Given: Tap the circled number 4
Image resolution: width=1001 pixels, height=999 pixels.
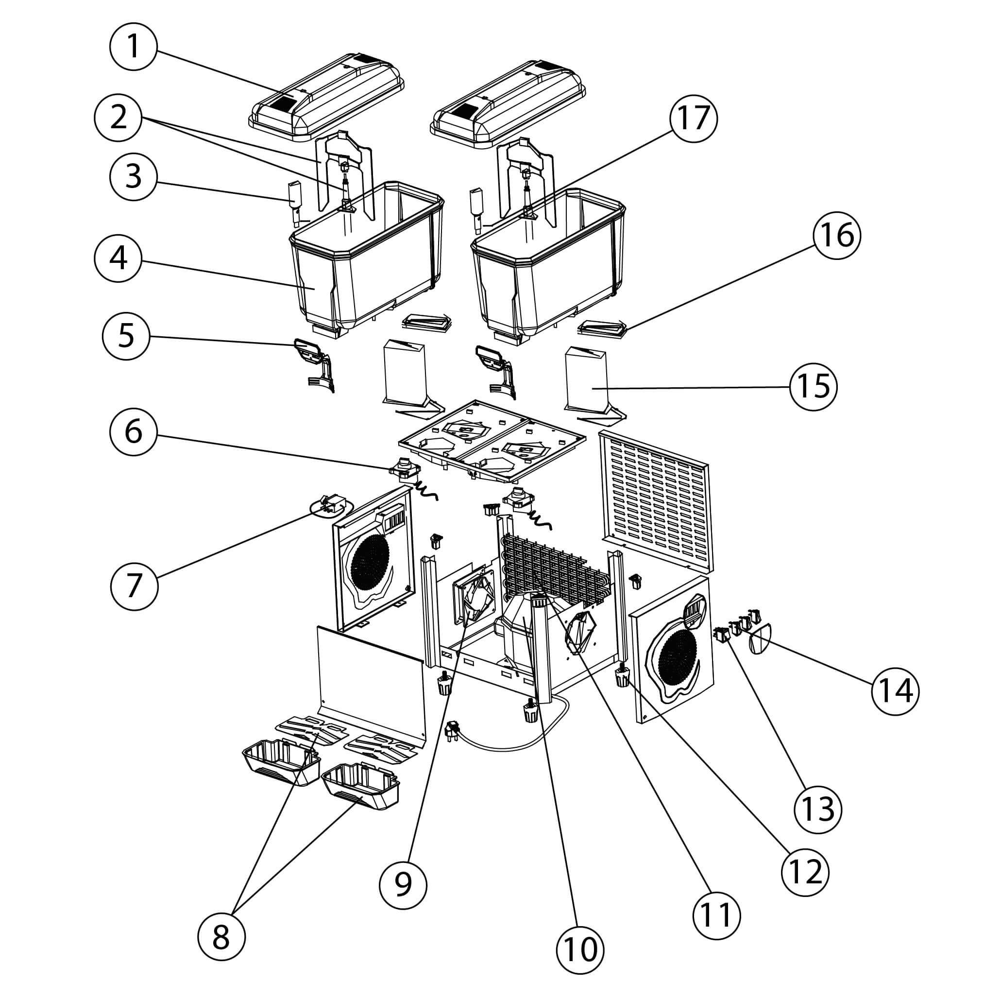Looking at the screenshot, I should (x=119, y=258).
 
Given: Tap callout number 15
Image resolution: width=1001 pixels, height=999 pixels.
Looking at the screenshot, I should (x=814, y=386).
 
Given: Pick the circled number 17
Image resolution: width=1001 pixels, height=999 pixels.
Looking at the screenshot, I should (x=693, y=118).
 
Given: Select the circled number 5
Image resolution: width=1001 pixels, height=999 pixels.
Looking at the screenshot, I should (x=126, y=335).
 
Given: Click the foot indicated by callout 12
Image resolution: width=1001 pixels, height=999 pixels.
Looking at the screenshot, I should (x=622, y=677).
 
